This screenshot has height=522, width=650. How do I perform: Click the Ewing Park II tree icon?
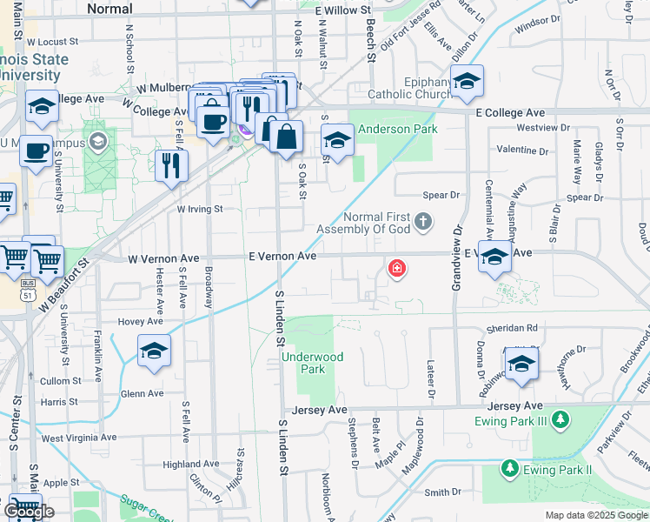click(x=509, y=470)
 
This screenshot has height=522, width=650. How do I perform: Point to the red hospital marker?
click(x=397, y=268)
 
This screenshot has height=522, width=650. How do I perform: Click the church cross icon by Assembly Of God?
click(x=423, y=222)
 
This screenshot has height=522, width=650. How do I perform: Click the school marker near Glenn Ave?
click(x=154, y=351)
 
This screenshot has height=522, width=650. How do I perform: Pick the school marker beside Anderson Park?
click(x=336, y=139)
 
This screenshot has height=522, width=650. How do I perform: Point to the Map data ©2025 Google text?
click(x=595, y=515)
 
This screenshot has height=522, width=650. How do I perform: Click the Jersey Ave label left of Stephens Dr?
click(x=320, y=409)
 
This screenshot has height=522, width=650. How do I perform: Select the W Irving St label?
click(x=200, y=209)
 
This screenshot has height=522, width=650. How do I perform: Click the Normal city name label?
click(x=110, y=9)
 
